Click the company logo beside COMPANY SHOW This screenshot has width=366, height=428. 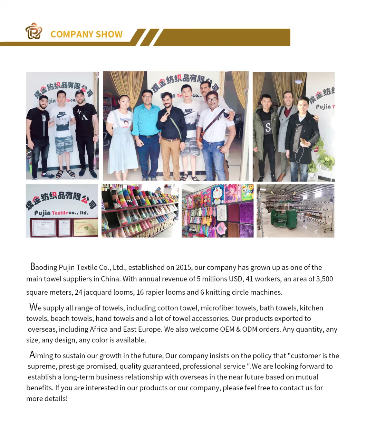[33, 31]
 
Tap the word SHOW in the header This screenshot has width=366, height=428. [109, 35]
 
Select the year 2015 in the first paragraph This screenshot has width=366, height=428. [184, 268]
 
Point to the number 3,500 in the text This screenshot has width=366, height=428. [324, 279]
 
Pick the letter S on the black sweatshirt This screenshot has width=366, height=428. [268, 128]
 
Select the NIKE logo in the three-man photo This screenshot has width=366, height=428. [62, 114]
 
